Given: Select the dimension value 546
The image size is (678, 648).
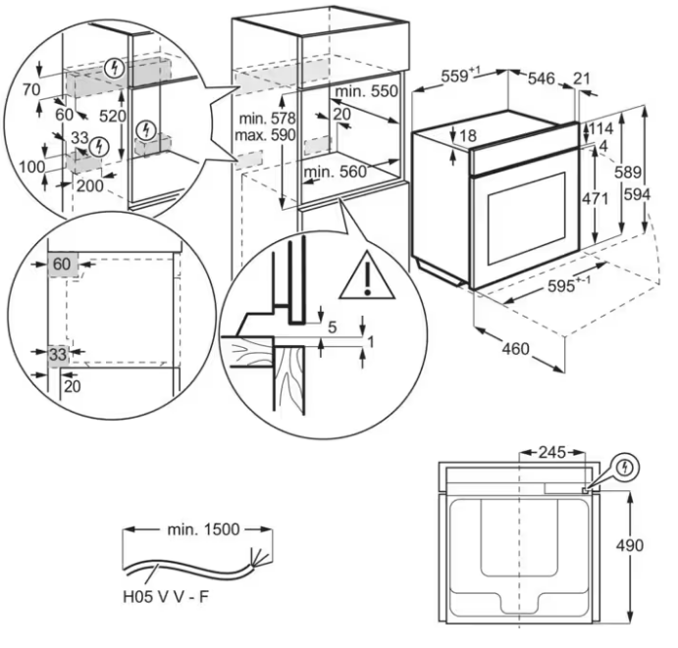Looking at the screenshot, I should coord(543,76).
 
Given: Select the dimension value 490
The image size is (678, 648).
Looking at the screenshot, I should coord(643,545).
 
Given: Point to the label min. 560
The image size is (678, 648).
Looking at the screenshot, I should coord(333,173).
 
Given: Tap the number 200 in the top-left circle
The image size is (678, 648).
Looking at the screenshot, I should coord(88,184).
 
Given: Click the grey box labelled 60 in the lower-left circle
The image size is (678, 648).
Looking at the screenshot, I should coord(63,264).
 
